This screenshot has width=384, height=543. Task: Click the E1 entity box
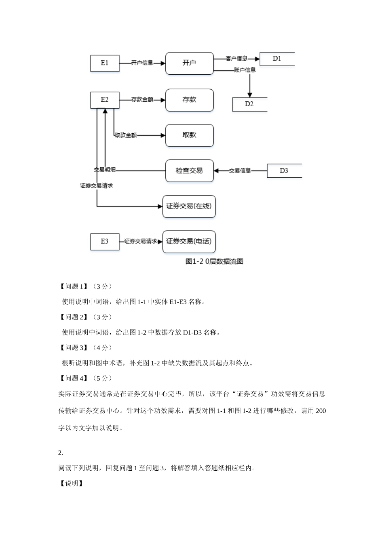click(105, 63)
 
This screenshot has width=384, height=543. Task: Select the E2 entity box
click(105, 100)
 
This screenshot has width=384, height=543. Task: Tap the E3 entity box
click(105, 242)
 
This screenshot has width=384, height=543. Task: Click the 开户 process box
click(189, 63)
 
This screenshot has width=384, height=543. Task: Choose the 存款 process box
click(189, 100)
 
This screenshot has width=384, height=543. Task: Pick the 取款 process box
click(189, 135)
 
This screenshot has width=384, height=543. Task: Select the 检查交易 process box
click(189, 171)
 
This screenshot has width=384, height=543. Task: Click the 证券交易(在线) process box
click(189, 206)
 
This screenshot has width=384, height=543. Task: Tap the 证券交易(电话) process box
click(189, 242)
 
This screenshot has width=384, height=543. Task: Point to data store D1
click(277, 59)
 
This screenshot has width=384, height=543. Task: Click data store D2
click(249, 104)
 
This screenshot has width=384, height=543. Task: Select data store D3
click(284, 171)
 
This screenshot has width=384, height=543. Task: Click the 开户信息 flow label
click(142, 63)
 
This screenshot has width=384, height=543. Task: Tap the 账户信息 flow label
click(245, 70)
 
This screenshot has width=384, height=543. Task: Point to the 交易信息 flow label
click(240, 171)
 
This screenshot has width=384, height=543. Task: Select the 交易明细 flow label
click(105, 170)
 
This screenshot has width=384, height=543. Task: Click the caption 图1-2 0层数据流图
click(214, 261)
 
